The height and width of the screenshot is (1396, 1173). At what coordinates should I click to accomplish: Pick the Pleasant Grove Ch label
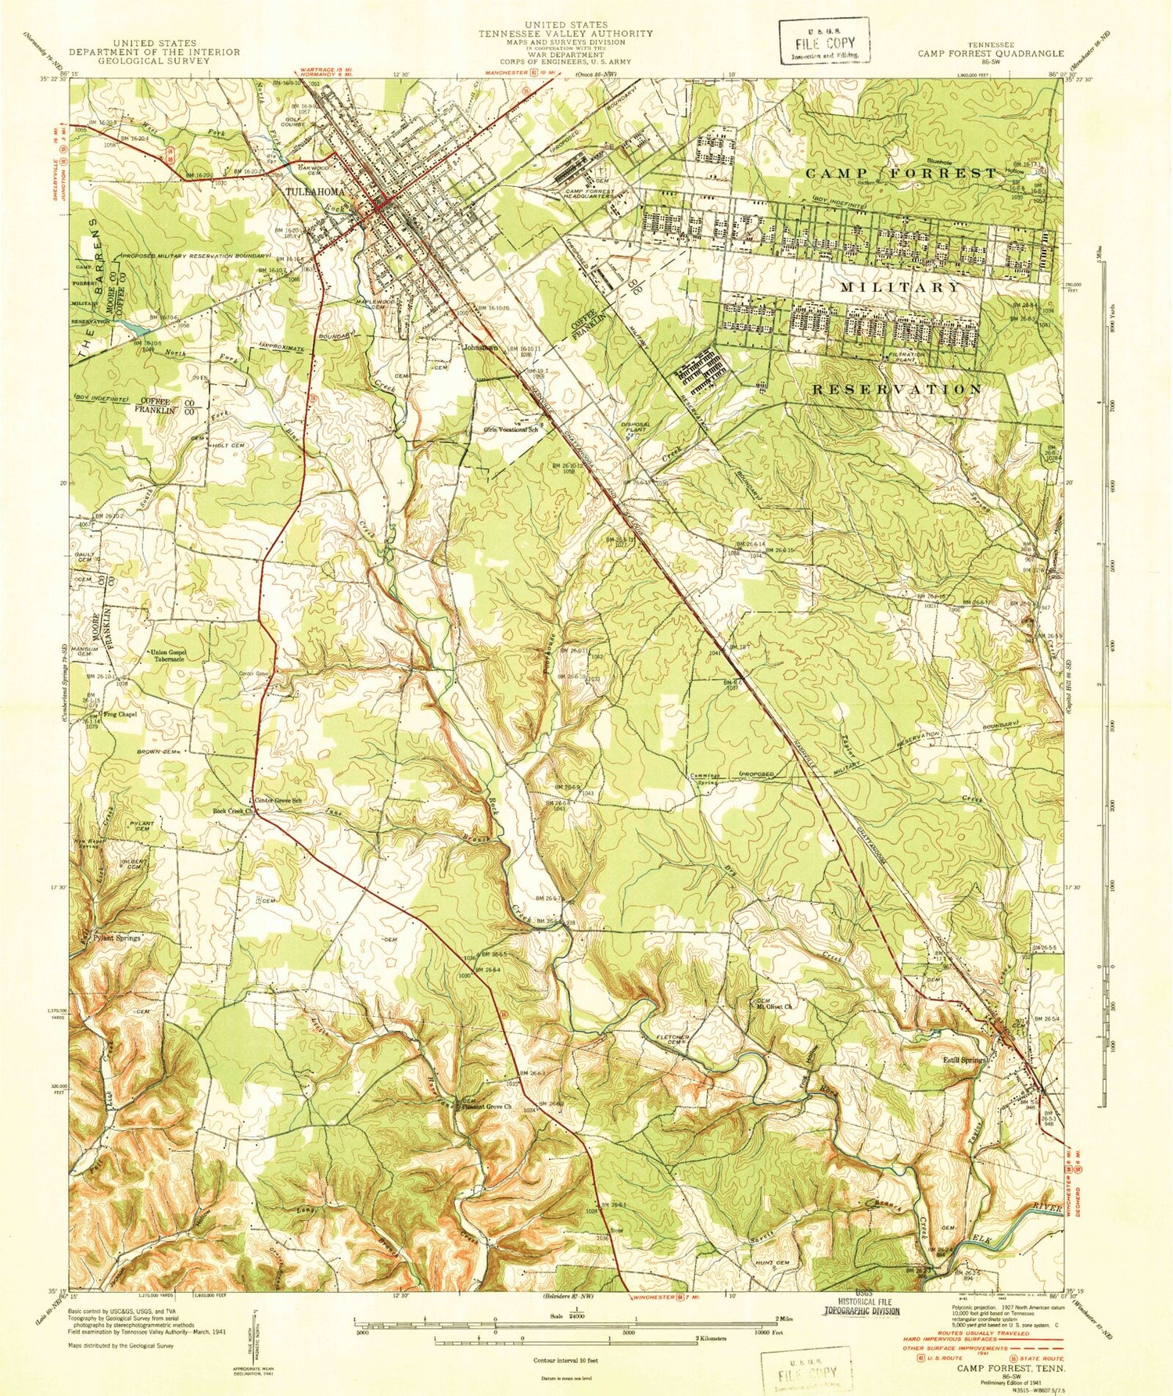coord(486,1107)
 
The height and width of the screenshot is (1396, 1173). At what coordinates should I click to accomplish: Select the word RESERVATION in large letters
coord(896,389)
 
